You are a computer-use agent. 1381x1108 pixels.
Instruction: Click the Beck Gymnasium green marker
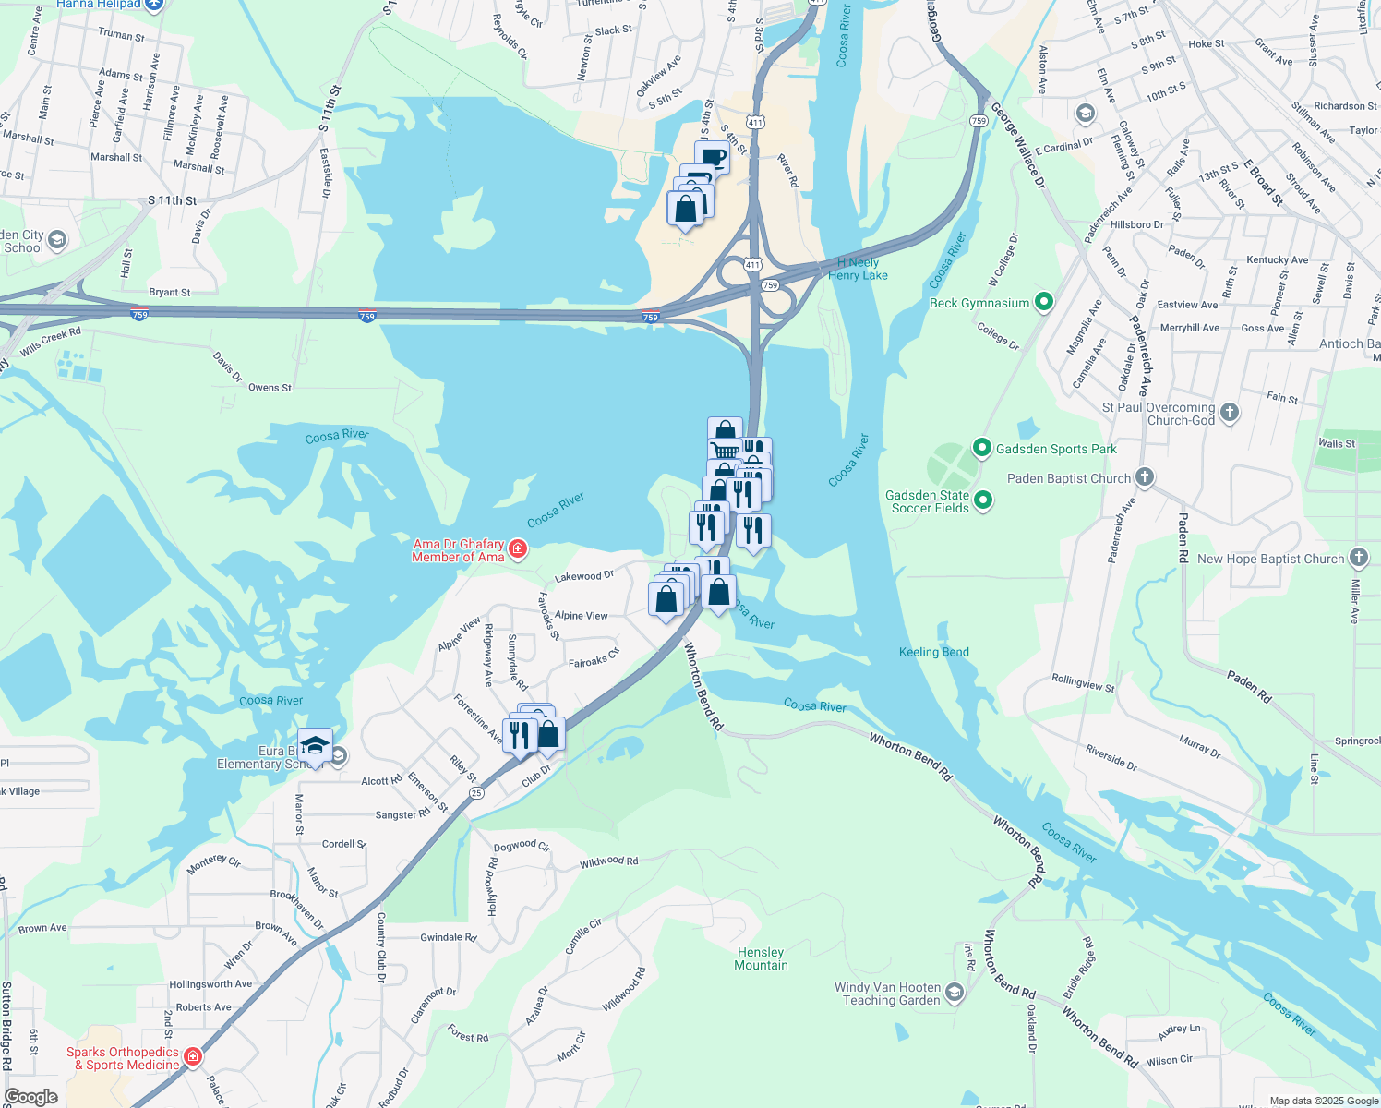pos(1044,302)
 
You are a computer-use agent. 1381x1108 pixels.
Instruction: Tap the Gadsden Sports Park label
pos(1056,450)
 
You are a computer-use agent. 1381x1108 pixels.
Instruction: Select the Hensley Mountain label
pos(761,958)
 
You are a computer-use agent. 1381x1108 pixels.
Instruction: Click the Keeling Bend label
pos(933,652)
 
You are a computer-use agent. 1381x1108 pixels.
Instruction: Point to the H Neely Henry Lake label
pos(858,269)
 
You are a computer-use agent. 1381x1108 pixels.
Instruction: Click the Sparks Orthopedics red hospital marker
pos(193,1056)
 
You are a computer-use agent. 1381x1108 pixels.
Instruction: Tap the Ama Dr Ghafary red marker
pos(518,549)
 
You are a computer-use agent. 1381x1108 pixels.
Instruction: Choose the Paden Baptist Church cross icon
pos(1145,477)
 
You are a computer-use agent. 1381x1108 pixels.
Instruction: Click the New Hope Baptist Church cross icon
pos(1358,558)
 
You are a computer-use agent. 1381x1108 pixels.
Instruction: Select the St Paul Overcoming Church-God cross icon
pos(1230,413)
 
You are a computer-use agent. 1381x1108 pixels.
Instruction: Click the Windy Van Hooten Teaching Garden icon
pos(955,993)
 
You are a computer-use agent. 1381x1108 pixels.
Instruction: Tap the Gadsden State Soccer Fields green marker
pos(983,500)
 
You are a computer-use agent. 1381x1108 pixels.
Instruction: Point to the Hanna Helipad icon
pos(154,5)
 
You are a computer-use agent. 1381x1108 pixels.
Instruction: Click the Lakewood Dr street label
pos(583,576)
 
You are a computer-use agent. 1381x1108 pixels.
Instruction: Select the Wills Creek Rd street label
pos(50,342)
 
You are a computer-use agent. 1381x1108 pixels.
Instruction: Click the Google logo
pos(31,1097)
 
